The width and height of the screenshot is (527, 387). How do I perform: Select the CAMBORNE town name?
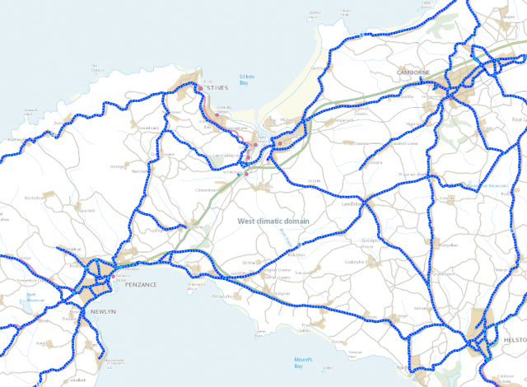tap(413, 72)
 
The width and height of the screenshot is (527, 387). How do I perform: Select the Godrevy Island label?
tap(314, 13)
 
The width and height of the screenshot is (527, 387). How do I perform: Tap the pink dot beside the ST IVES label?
tap(200, 87)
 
